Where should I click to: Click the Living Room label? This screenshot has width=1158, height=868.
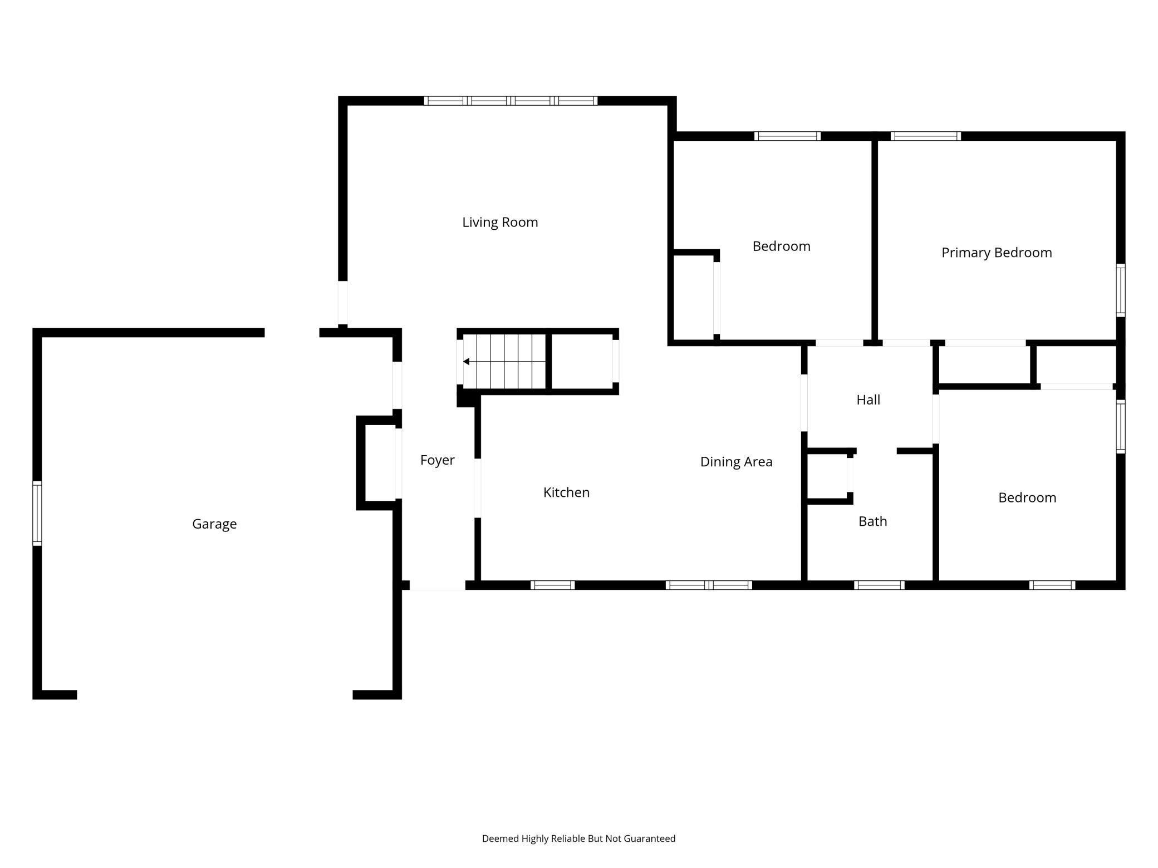[x=500, y=223]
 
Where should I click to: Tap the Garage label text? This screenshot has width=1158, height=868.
[x=214, y=524]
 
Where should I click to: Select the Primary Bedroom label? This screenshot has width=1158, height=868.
[x=997, y=253]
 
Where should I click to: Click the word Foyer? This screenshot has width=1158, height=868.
[x=437, y=460]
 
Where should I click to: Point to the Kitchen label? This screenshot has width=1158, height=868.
[x=566, y=492]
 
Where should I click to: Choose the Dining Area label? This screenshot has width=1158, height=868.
[x=736, y=462]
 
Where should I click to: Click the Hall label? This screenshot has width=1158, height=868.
[x=868, y=400]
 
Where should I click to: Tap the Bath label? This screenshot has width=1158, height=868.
[x=872, y=521]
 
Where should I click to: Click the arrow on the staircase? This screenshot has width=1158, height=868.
[x=467, y=362]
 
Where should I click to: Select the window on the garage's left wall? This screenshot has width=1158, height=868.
[x=37, y=513]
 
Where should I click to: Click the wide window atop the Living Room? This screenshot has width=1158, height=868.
[x=511, y=101]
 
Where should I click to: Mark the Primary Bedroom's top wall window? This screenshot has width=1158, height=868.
[x=926, y=136]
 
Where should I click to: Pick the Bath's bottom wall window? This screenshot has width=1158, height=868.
[x=879, y=585]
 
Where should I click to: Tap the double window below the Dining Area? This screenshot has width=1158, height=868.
[x=709, y=585]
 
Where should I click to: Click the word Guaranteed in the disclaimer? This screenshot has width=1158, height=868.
[x=649, y=839]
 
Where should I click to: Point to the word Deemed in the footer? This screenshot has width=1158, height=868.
[x=500, y=839]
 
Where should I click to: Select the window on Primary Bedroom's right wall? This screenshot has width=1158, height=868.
[x=1121, y=290]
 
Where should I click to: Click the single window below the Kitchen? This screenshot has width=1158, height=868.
[x=552, y=585]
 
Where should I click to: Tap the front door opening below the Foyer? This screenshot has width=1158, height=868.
[x=437, y=585]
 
